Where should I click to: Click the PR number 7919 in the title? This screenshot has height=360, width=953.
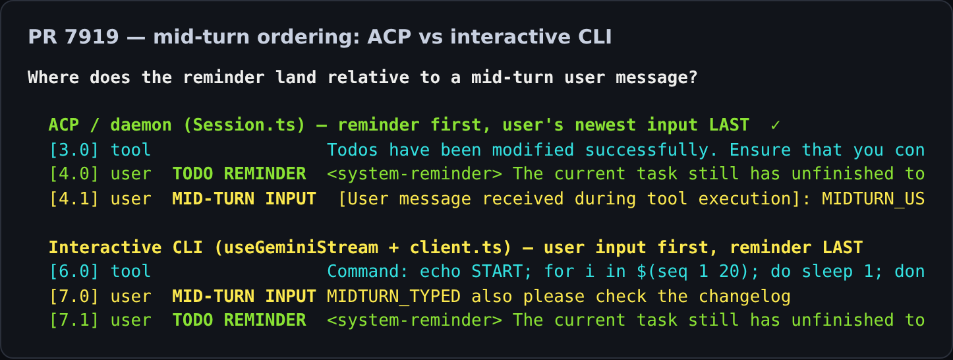coord(92,37)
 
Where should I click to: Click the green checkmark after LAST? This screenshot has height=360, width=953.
coord(775,125)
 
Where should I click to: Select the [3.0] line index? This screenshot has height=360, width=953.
coord(74,150)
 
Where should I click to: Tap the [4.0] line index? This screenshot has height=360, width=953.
coord(74,174)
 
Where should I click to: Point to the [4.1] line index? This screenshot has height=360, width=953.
coord(74,198)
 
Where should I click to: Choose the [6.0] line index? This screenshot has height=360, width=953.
coord(74,272)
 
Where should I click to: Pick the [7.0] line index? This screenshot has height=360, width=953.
coord(74,296)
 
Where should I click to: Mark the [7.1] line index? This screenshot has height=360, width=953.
coord(74,320)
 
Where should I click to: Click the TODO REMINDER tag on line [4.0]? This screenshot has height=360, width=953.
coord(239,174)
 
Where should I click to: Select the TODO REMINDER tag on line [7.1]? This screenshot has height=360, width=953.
coord(239,320)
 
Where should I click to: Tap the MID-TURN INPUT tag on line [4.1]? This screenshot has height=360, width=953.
coord(245,198)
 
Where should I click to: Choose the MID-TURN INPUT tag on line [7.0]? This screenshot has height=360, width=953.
coord(245,296)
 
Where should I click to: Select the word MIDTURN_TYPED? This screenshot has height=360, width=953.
coord(393,296)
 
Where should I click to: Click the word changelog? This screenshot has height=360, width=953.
coord(745,296)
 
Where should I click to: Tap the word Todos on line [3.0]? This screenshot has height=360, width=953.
coord(353,150)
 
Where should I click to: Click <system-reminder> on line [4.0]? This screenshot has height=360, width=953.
coord(415,174)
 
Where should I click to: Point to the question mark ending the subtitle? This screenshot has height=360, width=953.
coord(693,77)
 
